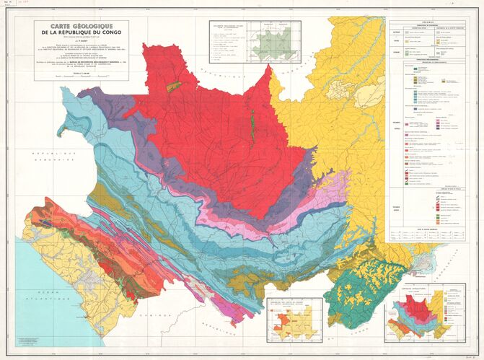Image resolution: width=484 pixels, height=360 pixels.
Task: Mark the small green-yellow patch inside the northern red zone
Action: pyautogui.click(x=171, y=86)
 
